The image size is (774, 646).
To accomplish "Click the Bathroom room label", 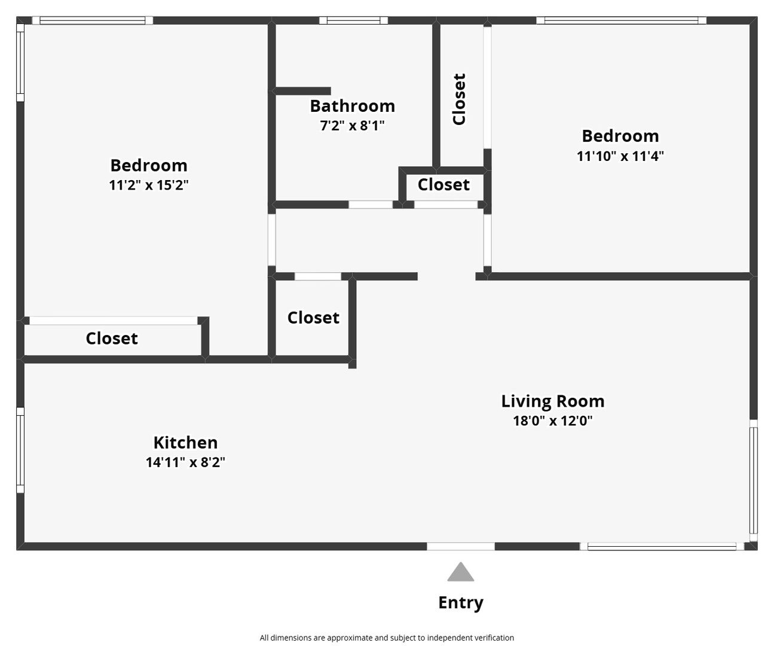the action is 352,106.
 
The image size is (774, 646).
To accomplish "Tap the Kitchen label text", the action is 185,443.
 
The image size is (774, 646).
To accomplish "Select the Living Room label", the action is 553,401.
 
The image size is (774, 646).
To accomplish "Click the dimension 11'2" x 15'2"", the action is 149,185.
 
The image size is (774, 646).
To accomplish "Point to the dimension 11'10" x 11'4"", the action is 620,156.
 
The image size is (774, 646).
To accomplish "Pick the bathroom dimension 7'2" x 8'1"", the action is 352,126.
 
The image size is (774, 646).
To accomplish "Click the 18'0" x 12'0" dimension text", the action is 553,420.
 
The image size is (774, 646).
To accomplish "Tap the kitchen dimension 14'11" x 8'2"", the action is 185,462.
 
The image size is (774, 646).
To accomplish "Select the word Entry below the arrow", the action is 461,603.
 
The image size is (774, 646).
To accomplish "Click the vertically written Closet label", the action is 459,99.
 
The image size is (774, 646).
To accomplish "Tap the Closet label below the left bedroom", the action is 112,339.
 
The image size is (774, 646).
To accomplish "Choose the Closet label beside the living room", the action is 313,318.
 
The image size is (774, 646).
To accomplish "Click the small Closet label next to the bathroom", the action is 443,184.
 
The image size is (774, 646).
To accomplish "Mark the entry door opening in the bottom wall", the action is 461,546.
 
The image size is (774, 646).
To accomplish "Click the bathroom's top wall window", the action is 353,20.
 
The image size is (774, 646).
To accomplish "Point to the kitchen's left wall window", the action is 20,450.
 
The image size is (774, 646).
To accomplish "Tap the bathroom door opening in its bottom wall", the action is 371,205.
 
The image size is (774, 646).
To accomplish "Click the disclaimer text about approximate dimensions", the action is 387,638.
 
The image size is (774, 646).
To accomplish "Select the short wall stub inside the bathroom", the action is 302,91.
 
